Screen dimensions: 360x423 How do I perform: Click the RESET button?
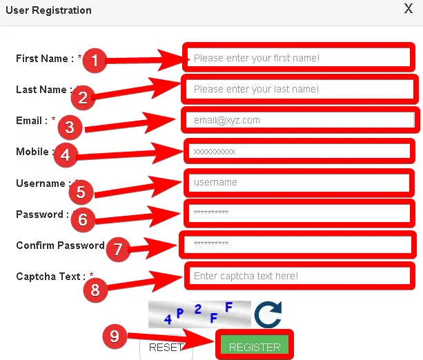coord(166,347)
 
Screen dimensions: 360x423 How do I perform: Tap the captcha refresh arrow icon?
coord(267,314)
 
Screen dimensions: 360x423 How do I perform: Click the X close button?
coord(409,9)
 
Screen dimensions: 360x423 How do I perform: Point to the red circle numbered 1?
coord(95,61)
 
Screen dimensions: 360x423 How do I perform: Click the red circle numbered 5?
coord(81,190)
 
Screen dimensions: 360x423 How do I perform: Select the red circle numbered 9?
coord(115,336)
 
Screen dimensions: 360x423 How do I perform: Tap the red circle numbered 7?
coord(117,250)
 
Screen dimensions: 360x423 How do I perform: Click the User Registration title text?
coord(48,10)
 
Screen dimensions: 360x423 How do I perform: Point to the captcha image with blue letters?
coord(199,314)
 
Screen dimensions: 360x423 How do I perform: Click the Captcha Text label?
coord(49,277)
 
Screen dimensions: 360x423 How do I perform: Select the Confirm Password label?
coord(60,246)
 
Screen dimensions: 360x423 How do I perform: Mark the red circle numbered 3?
coord(70,127)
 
